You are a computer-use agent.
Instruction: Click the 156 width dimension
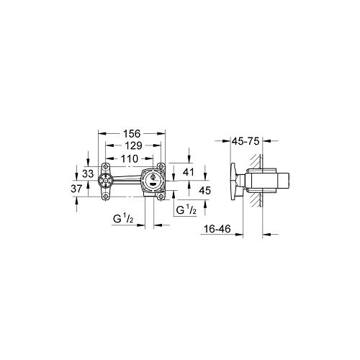coord(131,133)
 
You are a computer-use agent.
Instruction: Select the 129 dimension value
coord(131,145)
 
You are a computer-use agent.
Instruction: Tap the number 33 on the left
coord(88,174)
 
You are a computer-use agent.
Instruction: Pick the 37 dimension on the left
coord(88,188)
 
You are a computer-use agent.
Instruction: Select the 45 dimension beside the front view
coord(204,191)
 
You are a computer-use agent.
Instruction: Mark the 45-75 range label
coord(245,142)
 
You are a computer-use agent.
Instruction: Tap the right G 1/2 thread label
coord(188,210)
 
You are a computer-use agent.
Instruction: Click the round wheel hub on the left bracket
coord(106,181)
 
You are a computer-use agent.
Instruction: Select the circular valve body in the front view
coord(153,179)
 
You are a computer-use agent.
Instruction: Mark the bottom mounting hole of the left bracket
coord(106,194)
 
